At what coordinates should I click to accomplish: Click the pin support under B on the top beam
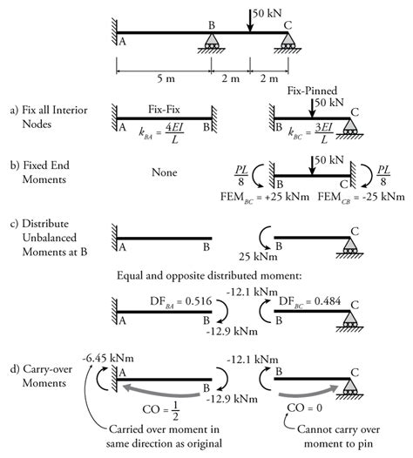[x=211, y=43]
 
